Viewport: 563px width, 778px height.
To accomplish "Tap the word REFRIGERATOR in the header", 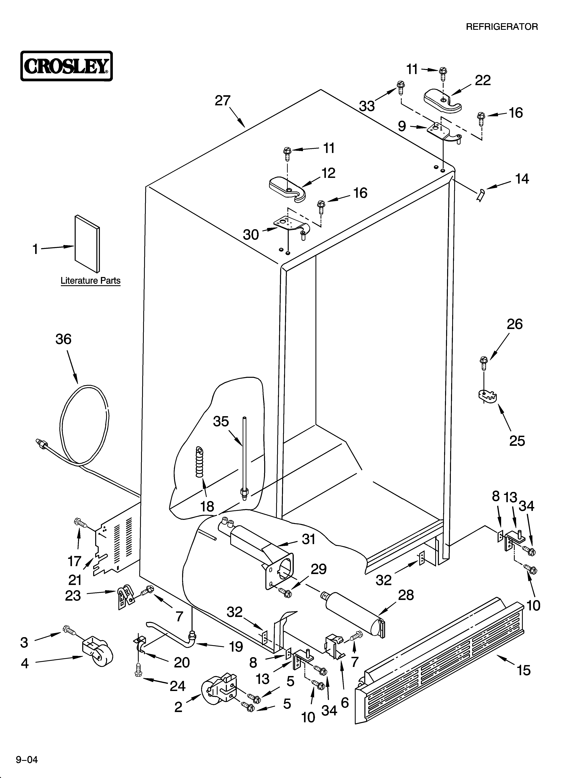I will (x=502, y=27).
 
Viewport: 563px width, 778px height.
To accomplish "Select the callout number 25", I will (x=517, y=441).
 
